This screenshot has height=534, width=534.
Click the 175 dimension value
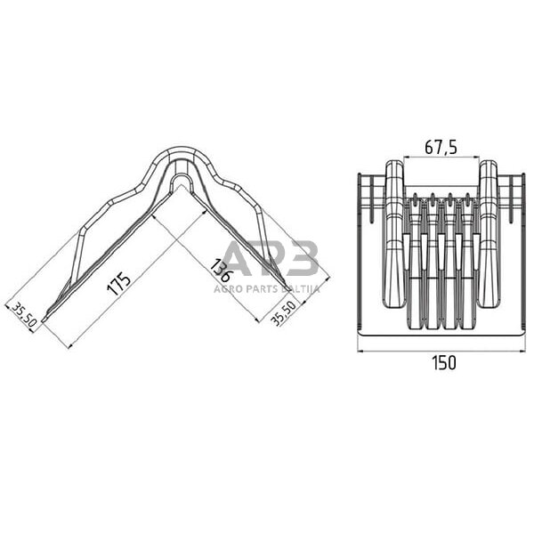(x=118, y=283)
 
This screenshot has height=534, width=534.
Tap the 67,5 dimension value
(x=441, y=147)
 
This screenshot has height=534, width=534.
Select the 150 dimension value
(x=444, y=363)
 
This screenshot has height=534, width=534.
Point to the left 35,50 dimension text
(x=24, y=315)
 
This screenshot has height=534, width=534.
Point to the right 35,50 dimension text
(x=283, y=313)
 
